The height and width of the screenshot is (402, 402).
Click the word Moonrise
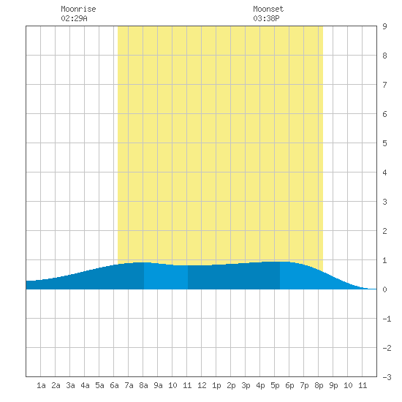(x=78, y=9)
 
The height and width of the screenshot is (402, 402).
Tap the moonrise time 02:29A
(x=74, y=18)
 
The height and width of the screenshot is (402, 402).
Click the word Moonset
(x=268, y=9)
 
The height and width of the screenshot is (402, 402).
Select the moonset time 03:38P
(x=266, y=18)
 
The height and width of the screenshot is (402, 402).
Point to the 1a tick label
(x=41, y=385)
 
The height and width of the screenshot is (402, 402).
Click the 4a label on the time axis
(x=85, y=385)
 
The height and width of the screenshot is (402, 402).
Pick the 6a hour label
(x=114, y=385)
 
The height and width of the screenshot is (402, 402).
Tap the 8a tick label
(x=143, y=385)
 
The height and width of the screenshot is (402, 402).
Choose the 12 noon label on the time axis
(x=202, y=385)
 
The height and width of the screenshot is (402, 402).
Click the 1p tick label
(x=216, y=385)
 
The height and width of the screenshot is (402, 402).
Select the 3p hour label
(x=246, y=385)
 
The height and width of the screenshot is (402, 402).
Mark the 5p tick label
(x=275, y=385)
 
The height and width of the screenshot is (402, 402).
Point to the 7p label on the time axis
(x=304, y=385)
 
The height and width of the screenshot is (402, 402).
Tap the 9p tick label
(x=333, y=385)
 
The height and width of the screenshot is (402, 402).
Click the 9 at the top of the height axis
(x=384, y=26)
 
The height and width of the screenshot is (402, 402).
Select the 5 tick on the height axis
(x=384, y=143)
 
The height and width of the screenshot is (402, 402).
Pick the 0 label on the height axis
(x=384, y=289)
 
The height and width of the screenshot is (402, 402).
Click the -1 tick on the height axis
(x=387, y=319)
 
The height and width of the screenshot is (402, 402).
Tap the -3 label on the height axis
(x=387, y=377)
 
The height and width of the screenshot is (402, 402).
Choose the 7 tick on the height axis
(x=384, y=85)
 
